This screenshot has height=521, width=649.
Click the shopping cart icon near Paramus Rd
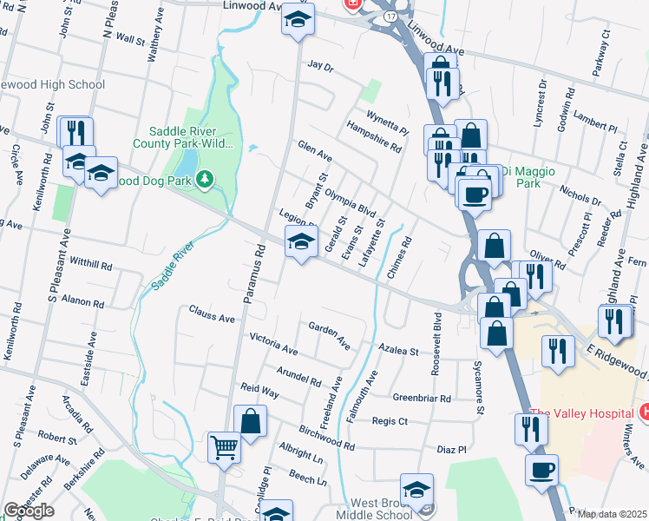[x=225, y=448]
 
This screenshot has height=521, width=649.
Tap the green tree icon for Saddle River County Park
[x=205, y=180]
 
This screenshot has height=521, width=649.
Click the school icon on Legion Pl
[x=301, y=242]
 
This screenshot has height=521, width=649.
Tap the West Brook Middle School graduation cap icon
[x=416, y=489]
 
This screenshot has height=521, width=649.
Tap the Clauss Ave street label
[x=212, y=313]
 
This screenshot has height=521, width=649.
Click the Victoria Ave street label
[x=273, y=343]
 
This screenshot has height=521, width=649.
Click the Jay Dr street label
[x=320, y=65]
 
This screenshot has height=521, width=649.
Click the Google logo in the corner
[x=29, y=511]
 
